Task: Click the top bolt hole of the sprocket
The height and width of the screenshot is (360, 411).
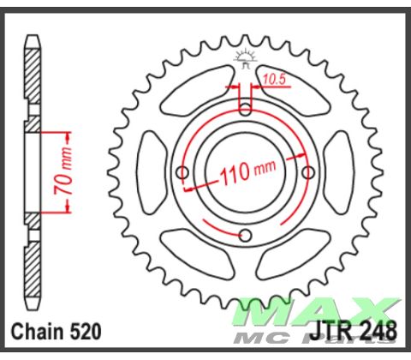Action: [245, 109]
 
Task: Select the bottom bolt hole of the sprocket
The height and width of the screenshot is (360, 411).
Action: [245, 236]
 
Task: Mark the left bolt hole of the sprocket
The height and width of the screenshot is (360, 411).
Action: [182, 172]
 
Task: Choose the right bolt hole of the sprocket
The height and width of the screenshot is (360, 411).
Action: [308, 172]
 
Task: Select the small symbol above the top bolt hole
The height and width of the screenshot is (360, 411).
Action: [245, 58]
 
